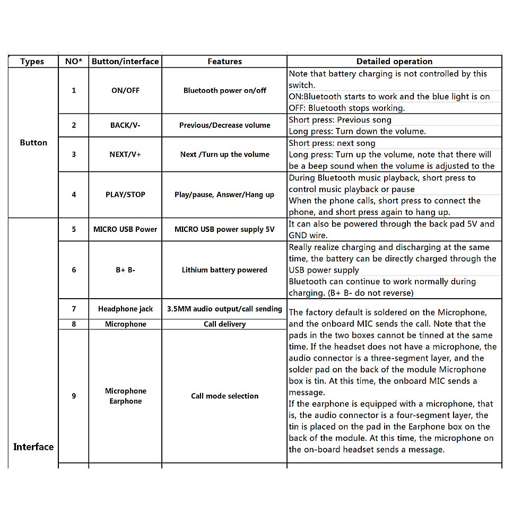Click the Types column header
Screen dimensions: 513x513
[32, 62]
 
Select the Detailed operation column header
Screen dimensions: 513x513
[394, 62]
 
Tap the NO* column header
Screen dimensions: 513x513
[73, 62]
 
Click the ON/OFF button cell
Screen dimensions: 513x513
[125, 91]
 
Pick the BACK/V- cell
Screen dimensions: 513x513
[125, 125]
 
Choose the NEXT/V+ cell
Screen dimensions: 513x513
[125, 154]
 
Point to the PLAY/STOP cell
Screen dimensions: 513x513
[125, 195]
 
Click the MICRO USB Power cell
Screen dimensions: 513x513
[125, 229]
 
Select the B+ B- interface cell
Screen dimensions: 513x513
[125, 270]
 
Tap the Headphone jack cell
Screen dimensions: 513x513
[125, 309]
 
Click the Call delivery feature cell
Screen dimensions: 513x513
[224, 324]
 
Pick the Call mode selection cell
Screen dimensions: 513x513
[224, 396]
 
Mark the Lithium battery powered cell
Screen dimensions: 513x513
[224, 270]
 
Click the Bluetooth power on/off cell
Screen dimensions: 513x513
[224, 91]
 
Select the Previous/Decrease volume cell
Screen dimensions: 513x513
[224, 125]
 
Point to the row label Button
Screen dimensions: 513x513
[33, 143]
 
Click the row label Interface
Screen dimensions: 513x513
[33, 447]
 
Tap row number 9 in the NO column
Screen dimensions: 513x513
[74, 396]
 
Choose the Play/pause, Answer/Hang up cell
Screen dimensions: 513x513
[224, 195]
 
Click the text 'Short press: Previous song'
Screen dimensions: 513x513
[340, 120]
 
